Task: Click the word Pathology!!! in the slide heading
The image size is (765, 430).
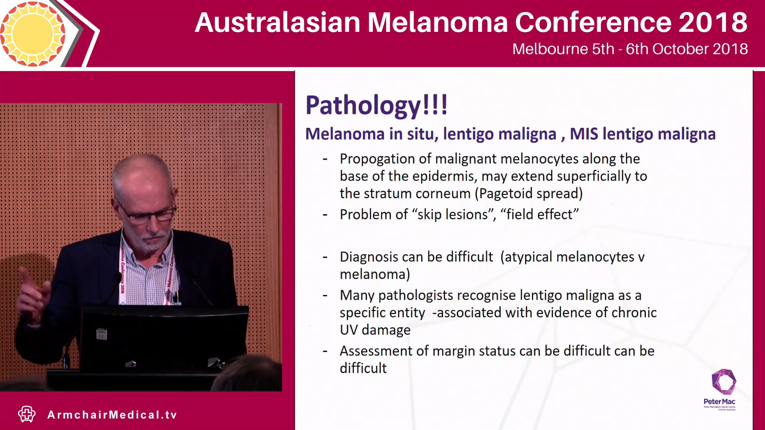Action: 377,106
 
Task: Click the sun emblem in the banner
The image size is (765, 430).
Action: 33,33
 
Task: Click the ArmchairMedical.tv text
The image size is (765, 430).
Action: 112,415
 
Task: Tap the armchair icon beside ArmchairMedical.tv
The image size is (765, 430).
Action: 27,414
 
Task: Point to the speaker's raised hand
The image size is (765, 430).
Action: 32,291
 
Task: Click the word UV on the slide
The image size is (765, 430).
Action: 349,330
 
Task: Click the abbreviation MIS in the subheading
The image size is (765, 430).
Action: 584,134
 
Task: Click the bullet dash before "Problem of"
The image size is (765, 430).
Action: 325,215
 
